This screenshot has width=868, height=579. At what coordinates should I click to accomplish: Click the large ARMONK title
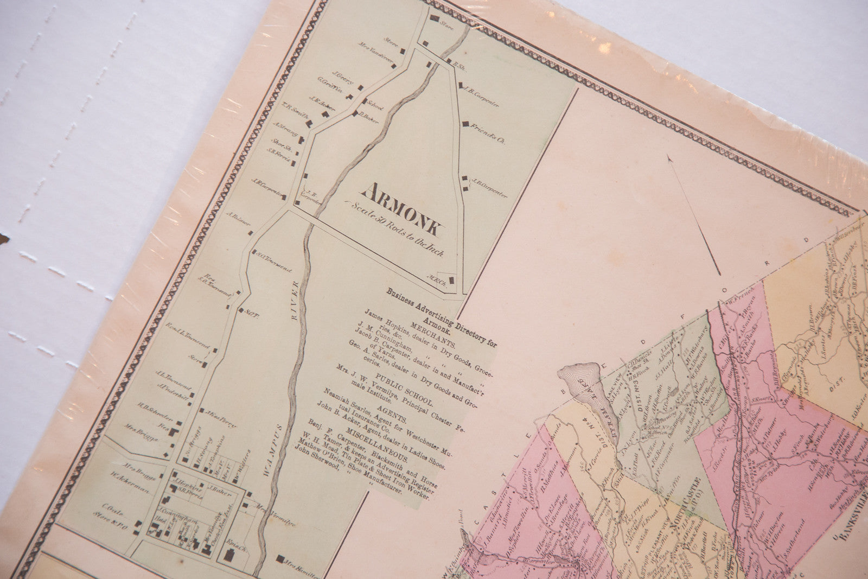click(x=402, y=209)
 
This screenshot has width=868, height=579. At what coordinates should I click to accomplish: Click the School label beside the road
click(x=374, y=106)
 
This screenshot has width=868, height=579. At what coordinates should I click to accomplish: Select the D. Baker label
click(x=368, y=117)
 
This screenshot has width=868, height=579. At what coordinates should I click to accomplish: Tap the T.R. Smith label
click(x=294, y=111)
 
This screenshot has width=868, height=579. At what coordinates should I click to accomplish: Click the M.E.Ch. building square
click(x=450, y=280)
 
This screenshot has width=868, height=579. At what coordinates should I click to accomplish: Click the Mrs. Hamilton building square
click(x=280, y=558)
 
